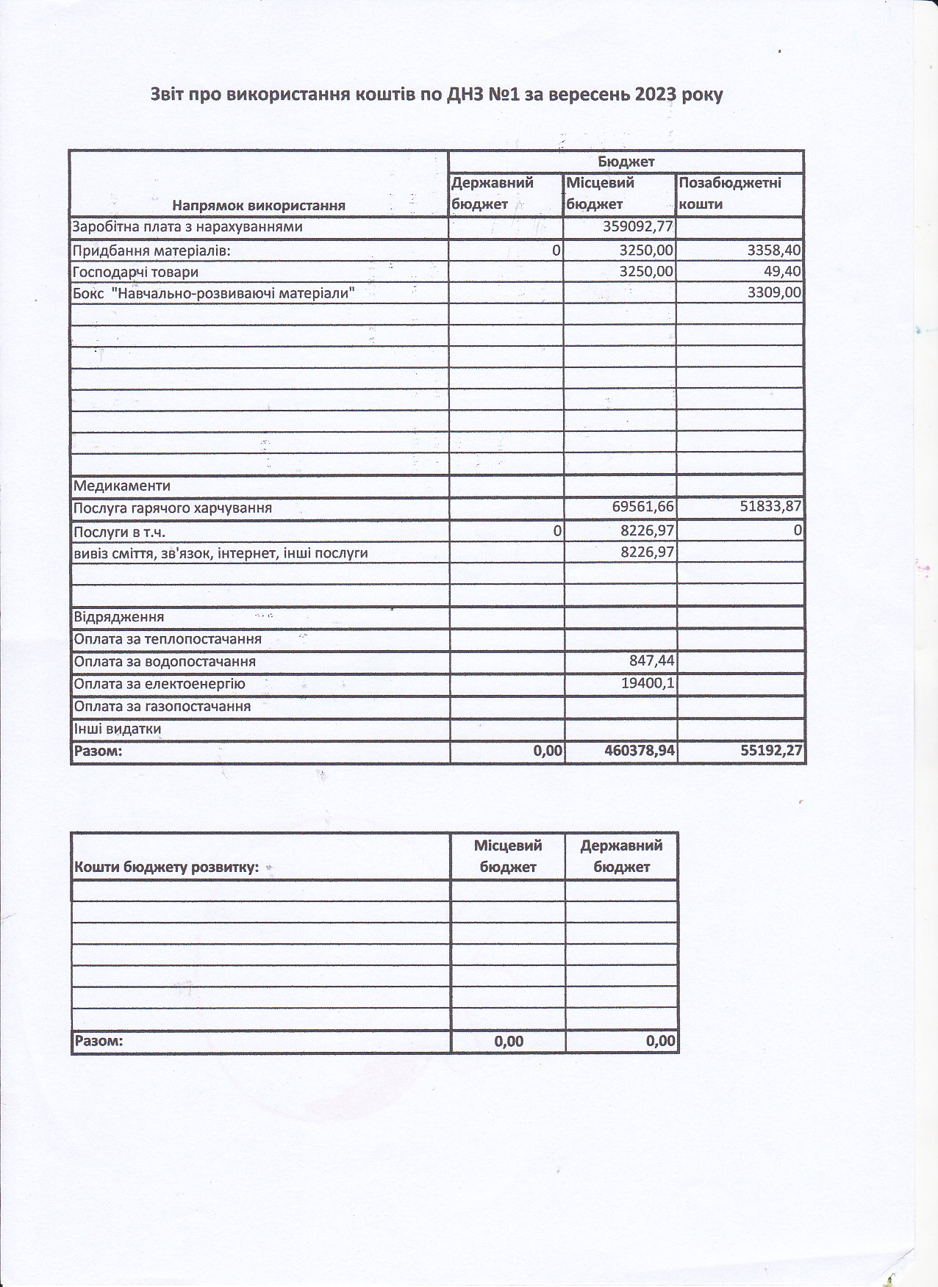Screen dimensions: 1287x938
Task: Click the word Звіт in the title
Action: [170, 95]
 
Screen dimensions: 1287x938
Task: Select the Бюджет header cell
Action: [626, 162]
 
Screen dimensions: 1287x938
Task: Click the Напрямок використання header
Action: [259, 205]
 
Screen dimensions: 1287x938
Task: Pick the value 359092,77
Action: [637, 226]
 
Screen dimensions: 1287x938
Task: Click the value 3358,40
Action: [773, 250]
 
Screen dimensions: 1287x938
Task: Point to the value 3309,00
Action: [773, 293]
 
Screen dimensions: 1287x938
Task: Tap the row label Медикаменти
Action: [122, 486]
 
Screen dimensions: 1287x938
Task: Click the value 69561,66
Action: [642, 507]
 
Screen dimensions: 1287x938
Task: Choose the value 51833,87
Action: [770, 507]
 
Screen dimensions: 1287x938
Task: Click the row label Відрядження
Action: [118, 617]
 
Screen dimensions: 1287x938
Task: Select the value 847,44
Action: [651, 661]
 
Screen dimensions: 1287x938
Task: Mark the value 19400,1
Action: [648, 683]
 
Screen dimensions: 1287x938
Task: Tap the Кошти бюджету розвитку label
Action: [167, 867]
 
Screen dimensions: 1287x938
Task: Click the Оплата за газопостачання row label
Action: [162, 707]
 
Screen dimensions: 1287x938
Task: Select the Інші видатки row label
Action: [118, 729]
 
